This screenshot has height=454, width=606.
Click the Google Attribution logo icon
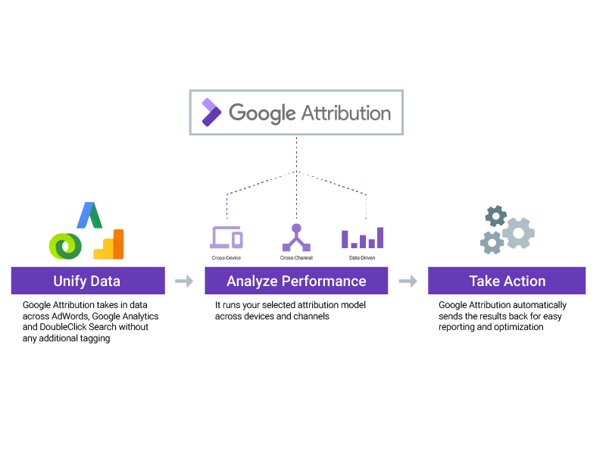(x=211, y=112)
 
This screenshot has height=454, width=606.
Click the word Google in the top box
(x=262, y=113)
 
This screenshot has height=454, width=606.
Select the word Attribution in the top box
(x=346, y=113)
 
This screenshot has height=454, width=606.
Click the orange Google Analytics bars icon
(x=110, y=244)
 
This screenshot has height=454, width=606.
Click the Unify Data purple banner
(x=87, y=281)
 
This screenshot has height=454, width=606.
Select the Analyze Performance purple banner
(x=296, y=281)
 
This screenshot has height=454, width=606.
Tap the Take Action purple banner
(x=507, y=281)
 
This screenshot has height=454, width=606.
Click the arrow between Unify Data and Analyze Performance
(x=184, y=281)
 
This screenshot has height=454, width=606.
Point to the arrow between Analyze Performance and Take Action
(x=408, y=281)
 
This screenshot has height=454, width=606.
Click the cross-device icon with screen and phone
(x=226, y=238)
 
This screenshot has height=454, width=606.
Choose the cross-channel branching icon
(x=296, y=238)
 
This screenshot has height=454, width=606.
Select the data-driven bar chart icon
(x=362, y=238)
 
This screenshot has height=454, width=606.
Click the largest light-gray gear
(x=519, y=232)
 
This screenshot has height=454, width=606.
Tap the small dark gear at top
(x=495, y=216)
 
